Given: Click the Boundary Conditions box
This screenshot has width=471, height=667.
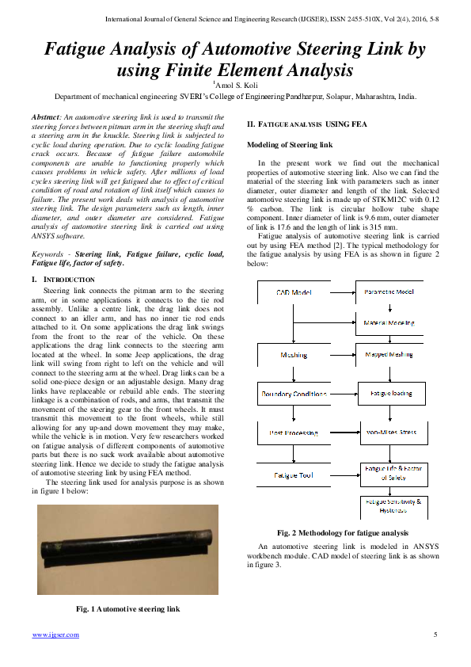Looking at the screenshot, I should pos(294,394).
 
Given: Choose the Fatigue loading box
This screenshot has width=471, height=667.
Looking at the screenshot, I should pos(389,394).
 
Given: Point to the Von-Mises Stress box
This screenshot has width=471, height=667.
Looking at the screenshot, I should pos(389,433).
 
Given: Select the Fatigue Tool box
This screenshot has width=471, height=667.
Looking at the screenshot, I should pos(294,475).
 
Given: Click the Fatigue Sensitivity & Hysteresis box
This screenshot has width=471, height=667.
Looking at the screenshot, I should pos(393,505).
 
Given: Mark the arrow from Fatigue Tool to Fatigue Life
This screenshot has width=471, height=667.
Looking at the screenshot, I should pos(343,475).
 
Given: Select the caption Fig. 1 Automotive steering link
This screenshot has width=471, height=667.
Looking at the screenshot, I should pos(127,609).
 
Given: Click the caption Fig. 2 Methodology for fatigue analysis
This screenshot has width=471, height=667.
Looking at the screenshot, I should pos(343,533).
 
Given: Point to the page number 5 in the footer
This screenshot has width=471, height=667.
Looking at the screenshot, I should pos(435,635).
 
